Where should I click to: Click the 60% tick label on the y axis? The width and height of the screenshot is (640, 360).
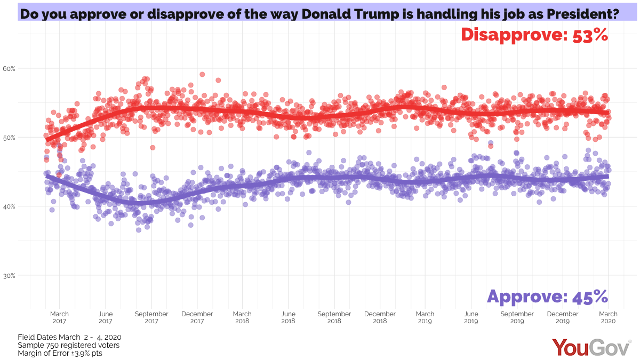[10, 69]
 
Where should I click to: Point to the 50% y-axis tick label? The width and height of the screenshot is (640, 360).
[10, 138]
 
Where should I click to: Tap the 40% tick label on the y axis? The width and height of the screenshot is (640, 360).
[10, 206]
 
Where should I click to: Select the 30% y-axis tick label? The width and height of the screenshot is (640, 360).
[10, 276]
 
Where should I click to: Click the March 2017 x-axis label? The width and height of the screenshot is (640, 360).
[60, 318]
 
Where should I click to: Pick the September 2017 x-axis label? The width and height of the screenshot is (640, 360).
[151, 318]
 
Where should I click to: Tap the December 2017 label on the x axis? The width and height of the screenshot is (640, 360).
[197, 318]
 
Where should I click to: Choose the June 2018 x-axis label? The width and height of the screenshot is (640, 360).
[289, 318]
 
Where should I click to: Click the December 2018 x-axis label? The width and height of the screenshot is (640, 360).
[380, 318]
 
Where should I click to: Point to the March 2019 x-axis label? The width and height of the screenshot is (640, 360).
[425, 318]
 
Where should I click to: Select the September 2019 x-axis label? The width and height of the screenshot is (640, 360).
[517, 318]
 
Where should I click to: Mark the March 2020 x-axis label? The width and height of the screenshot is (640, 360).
[608, 318]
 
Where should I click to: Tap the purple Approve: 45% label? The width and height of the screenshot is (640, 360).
[547, 297]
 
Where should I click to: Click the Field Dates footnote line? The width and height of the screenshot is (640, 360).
[70, 338]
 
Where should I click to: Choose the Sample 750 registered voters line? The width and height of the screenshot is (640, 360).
[68, 346]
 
